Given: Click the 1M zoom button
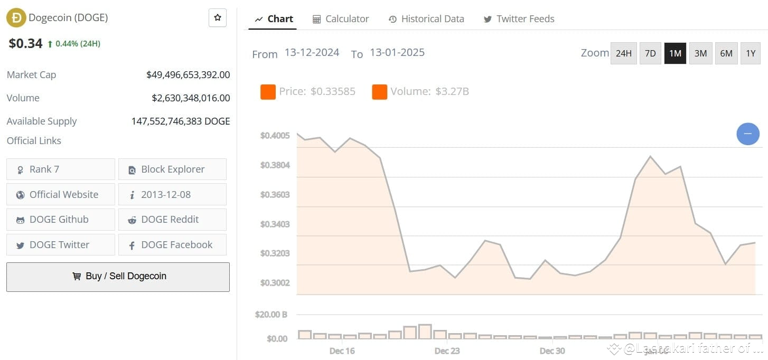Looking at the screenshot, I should pos(675,53).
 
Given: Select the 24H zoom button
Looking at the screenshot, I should pos(623,53).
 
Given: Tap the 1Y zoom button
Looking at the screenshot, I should pos(751,53).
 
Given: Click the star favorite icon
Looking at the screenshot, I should pos(218,18).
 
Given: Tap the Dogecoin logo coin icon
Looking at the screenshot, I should pos(16,18).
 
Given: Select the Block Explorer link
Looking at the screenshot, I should pos(172,169).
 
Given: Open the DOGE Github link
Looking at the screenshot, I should pos(60,220).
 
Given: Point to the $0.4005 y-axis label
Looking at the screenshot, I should pos(275,136).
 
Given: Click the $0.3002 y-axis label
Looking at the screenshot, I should pos(275,283).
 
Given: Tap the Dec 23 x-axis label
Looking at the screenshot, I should pos(447,351).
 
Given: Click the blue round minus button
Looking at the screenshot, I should pos(748,134).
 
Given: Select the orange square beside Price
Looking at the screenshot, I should pos(268,92).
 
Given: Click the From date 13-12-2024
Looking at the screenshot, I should pos(312,53).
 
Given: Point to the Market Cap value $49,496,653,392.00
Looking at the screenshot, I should pos(188,75).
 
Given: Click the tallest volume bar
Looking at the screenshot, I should pos(425,331).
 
